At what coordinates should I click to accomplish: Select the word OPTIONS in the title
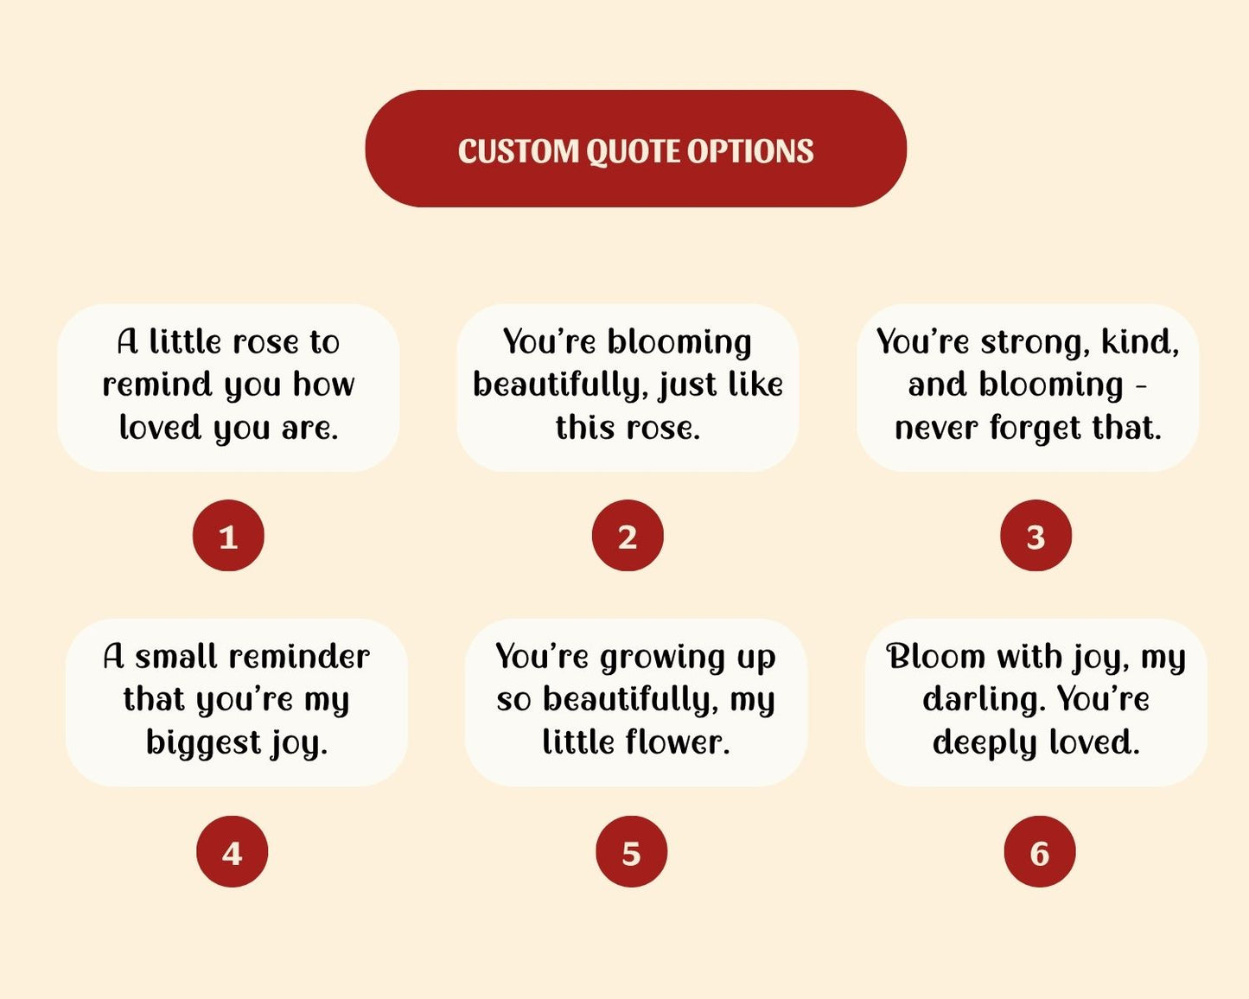(750, 151)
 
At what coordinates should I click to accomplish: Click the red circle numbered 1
(228, 535)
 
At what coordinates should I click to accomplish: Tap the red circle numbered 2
(628, 535)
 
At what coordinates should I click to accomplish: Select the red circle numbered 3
(1036, 535)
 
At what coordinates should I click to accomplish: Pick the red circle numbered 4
(233, 851)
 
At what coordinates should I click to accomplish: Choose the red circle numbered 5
(632, 851)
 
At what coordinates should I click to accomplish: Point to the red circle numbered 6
(1040, 851)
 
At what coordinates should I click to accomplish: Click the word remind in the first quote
(157, 385)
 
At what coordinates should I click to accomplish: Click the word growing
(663, 659)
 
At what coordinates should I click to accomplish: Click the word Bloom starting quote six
(935, 657)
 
